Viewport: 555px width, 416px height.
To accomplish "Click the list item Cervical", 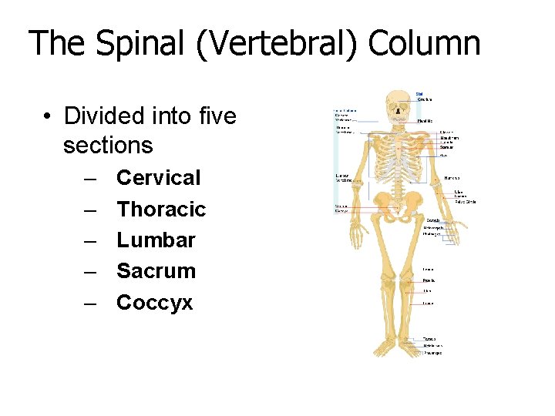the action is pyautogui.click(x=158, y=178).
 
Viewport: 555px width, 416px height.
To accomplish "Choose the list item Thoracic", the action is pyautogui.click(x=161, y=209).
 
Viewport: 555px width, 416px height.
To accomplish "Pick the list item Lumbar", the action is pyautogui.click(x=156, y=240).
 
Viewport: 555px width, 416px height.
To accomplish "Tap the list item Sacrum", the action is pyautogui.click(x=156, y=271).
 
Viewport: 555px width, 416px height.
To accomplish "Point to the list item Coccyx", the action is pyautogui.click(x=154, y=303).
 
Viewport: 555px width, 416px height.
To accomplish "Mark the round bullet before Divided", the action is pyautogui.click(x=48, y=117).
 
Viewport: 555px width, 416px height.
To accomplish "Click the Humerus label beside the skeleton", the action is pyautogui.click(x=452, y=177).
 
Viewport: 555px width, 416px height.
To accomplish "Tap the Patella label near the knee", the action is pyautogui.click(x=428, y=281).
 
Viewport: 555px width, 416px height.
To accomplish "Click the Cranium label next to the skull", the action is pyautogui.click(x=424, y=99).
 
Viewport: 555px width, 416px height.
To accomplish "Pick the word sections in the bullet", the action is pyautogui.click(x=108, y=146).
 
